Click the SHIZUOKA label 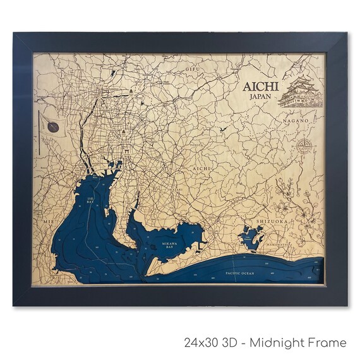(x=272, y=222)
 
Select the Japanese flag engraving (x=52, y=128)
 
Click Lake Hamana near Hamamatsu (x=251, y=238)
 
